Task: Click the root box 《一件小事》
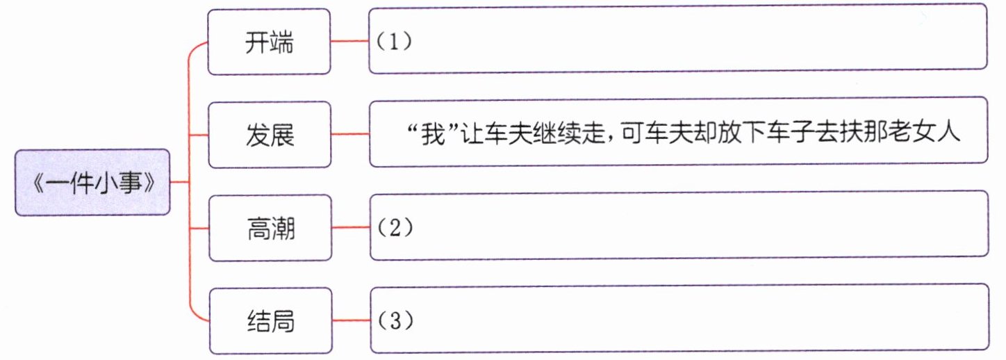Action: (92, 183)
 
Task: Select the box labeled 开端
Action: (269, 42)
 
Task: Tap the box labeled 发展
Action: (269, 134)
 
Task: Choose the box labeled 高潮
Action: (269, 227)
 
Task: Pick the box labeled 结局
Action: (269, 321)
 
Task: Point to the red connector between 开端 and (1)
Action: (349, 42)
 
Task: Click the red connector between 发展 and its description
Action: (349, 134)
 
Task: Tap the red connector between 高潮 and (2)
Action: (349, 227)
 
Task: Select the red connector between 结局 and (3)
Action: (349, 321)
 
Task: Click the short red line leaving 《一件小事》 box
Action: (179, 182)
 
